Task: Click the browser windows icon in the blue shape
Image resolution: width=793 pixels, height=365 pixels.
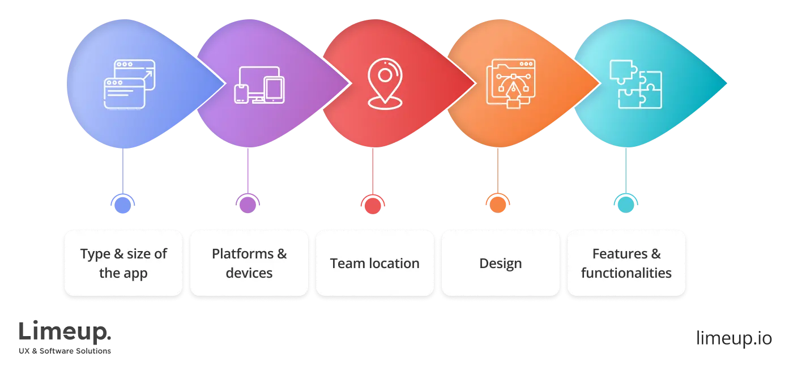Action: click(125, 84)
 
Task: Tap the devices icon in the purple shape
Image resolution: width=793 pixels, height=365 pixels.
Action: click(259, 85)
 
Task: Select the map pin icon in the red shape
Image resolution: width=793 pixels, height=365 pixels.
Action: click(385, 83)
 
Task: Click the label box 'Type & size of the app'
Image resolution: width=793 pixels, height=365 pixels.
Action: click(123, 263)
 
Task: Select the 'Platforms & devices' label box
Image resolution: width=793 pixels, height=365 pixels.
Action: click(249, 263)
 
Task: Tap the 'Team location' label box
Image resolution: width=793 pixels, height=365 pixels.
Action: click(375, 263)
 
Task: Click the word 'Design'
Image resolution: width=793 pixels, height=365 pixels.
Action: click(501, 264)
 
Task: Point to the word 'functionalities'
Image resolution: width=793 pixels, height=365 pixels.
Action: click(626, 273)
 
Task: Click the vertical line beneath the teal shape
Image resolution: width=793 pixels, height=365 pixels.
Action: click(625, 170)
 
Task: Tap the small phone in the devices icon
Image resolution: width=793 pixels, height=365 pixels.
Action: click(241, 94)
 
